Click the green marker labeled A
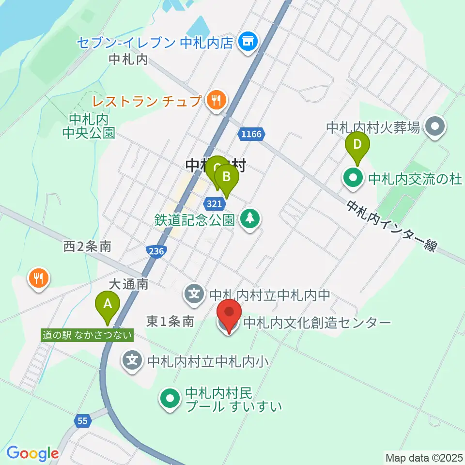point(108,305)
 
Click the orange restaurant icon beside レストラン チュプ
point(215,101)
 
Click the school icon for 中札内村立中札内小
point(133,360)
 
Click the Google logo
point(32,453)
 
